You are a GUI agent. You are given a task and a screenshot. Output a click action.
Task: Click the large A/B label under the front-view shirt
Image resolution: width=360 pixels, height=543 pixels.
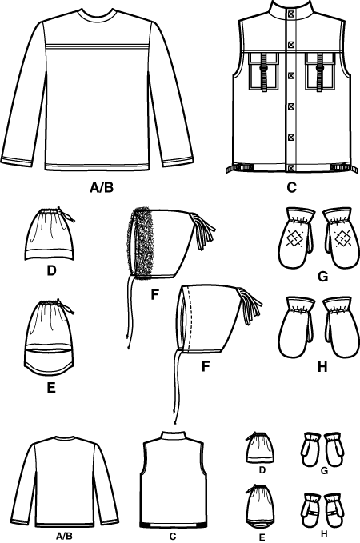[102, 187]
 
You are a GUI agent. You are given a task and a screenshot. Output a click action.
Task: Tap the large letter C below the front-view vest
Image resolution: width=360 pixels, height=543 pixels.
[291, 187]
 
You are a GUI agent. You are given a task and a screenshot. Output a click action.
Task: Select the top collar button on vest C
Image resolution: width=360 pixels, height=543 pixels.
[291, 14]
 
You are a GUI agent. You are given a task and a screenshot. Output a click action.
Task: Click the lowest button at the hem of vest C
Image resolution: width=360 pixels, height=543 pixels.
[291, 168]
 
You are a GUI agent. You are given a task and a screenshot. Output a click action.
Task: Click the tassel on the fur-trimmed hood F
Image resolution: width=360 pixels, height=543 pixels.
[204, 230]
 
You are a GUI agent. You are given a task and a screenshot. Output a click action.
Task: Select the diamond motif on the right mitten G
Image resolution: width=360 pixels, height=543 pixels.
[342, 239]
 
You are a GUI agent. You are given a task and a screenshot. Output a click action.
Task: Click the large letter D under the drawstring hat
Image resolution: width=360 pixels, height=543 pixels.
[51, 270]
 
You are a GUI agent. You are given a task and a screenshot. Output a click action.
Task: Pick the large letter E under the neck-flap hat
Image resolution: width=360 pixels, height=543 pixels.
[51, 388]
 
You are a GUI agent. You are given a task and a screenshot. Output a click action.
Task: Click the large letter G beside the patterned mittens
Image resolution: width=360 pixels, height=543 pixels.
[322, 277]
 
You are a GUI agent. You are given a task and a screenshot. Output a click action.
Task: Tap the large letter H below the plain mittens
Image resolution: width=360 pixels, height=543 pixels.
[322, 367]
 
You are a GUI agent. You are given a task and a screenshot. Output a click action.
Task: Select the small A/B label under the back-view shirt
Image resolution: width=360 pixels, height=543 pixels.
[65, 536]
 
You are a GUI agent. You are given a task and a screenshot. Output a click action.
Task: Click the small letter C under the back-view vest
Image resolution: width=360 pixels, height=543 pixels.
[173, 537]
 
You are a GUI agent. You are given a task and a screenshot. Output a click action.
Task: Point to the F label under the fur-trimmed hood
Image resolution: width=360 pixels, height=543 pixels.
[155, 295]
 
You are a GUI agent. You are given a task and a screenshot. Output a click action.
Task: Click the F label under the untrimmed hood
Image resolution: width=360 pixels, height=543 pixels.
[206, 366]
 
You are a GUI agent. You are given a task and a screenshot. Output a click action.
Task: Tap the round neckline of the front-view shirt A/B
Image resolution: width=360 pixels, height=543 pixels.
[97, 13]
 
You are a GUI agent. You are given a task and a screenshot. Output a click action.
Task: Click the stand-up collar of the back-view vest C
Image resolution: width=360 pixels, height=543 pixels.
[174, 436]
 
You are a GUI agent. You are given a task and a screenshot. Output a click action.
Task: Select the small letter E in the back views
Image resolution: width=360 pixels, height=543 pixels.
[262, 537]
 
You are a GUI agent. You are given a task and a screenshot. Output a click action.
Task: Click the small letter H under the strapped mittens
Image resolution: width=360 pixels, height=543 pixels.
[324, 534]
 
